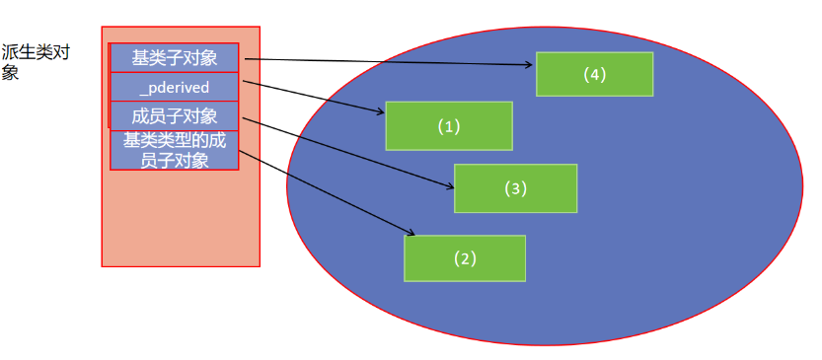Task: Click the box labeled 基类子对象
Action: (x=174, y=57)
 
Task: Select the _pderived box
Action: (x=174, y=87)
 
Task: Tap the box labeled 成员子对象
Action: (x=174, y=115)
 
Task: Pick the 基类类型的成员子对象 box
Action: (x=174, y=150)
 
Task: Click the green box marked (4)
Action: (x=594, y=74)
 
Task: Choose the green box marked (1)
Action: (x=449, y=126)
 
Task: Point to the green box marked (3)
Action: (x=515, y=188)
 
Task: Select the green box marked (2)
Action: (x=465, y=258)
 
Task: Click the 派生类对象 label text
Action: (x=36, y=62)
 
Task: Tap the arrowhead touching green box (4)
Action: (x=530, y=65)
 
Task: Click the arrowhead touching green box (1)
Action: (x=381, y=111)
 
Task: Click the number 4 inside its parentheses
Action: (x=594, y=75)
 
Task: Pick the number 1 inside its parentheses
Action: (x=449, y=126)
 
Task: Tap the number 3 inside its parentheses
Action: (x=515, y=188)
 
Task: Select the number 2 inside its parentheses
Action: (x=465, y=258)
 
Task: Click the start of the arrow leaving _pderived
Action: (x=244, y=81)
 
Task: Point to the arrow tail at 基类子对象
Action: (x=246, y=59)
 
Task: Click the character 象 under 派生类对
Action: (x=10, y=72)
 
